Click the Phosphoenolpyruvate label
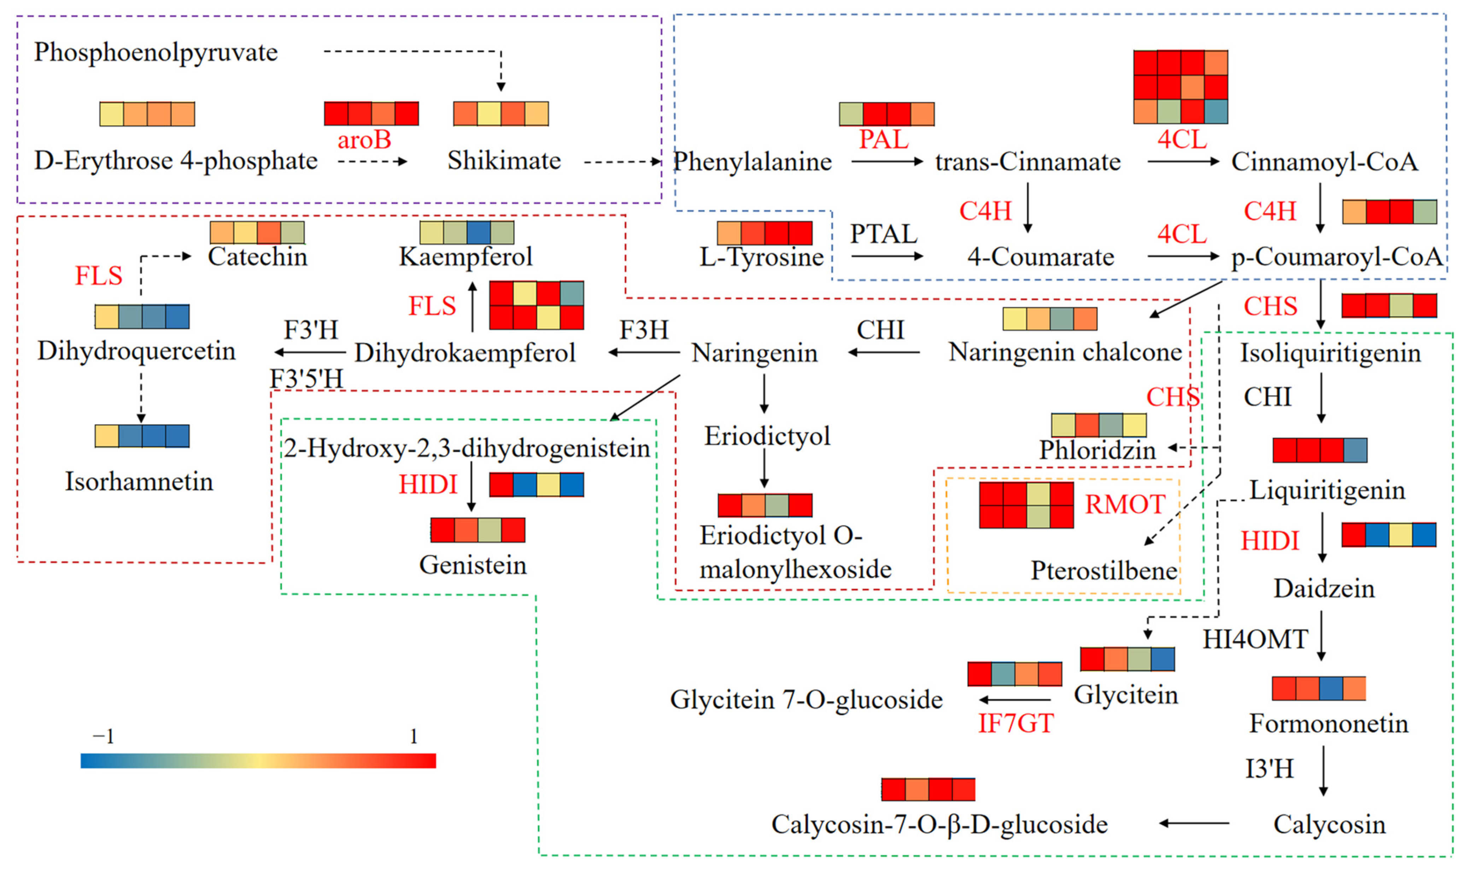156,52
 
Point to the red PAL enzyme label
883,140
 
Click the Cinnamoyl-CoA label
1324,162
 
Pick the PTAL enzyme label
883,234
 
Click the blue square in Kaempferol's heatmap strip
478,232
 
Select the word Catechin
257,256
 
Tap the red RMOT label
1124,504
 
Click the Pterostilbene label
1104,571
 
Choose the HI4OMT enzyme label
1255,639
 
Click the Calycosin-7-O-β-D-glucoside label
939,824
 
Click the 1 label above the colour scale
414,736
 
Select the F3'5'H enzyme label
306,379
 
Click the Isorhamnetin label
139,482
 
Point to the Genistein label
473,565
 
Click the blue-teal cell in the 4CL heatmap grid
1215,111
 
